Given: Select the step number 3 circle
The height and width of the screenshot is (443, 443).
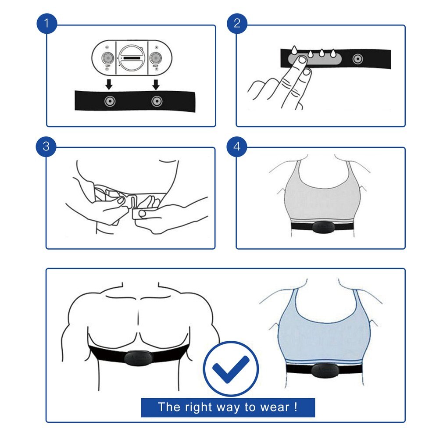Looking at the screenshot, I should tap(46, 146).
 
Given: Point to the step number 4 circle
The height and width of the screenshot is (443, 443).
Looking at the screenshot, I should tap(237, 146).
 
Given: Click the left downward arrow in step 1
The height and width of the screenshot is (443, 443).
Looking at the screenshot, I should tap(108, 83).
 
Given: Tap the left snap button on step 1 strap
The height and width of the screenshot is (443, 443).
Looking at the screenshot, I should tap(109, 101).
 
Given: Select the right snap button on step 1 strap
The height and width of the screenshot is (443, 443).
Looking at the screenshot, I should tap(157, 101).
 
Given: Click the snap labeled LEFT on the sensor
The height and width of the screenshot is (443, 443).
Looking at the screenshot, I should tap(107, 58).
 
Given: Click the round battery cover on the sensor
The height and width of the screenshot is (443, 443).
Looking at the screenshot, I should tap(131, 58).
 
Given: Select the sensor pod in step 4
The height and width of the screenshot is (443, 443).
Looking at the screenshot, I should tap(322, 227).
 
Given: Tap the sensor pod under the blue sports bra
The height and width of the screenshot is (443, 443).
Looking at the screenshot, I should tap(323, 370).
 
